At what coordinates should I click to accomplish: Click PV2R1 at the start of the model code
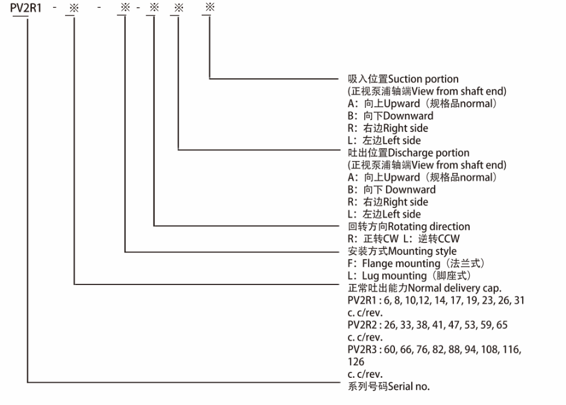tap(26, 8)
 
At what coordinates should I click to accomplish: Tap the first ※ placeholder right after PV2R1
tap(74, 8)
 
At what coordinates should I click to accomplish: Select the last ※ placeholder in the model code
tap(210, 7)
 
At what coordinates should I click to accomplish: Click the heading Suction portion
tap(423, 79)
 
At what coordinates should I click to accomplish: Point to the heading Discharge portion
tap(429, 152)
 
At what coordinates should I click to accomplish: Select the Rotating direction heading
tap(429, 227)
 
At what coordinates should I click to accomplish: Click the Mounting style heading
tap(422, 251)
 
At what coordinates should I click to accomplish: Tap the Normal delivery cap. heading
tap(455, 288)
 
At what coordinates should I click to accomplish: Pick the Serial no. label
tap(409, 386)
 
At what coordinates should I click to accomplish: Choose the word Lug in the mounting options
tap(370, 275)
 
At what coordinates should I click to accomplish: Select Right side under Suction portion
tap(405, 128)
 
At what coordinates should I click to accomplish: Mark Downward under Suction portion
tap(408, 116)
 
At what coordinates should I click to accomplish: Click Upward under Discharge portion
tap(402, 177)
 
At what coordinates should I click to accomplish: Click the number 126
tap(356, 362)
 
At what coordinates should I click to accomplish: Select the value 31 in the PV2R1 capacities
tap(519, 300)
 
